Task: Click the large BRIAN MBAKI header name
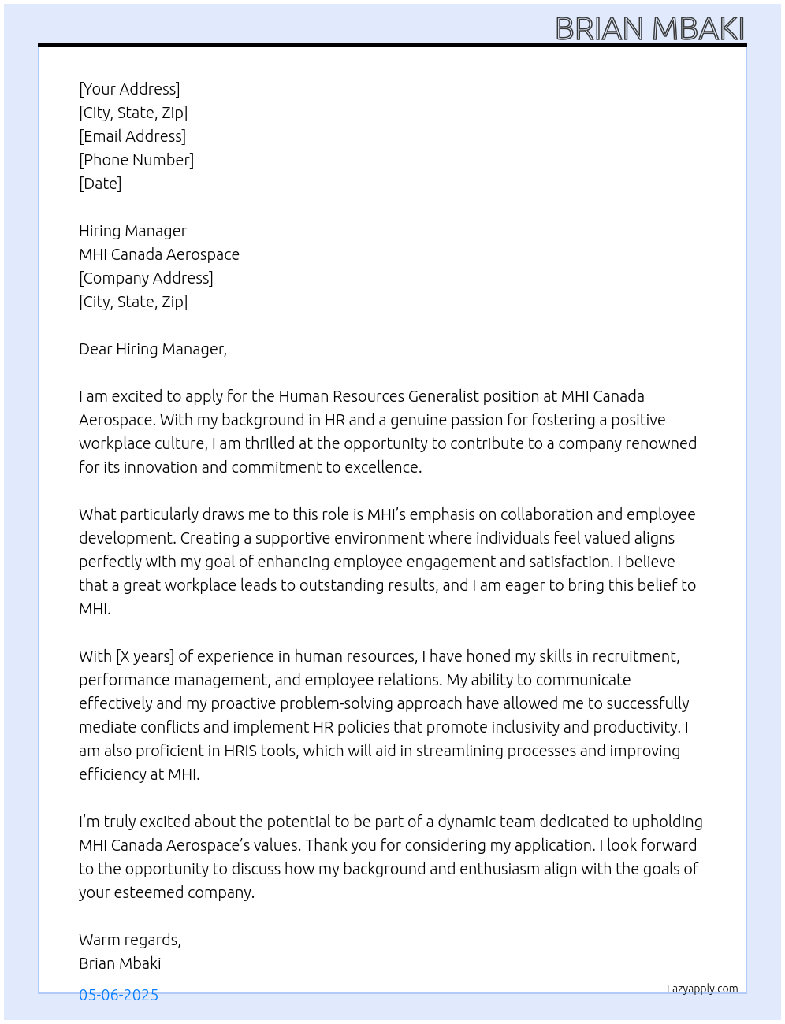click(649, 28)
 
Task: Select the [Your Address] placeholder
click(129, 89)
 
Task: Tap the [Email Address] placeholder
click(132, 136)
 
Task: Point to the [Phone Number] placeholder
click(136, 160)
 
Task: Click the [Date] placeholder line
click(100, 184)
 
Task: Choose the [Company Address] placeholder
click(146, 278)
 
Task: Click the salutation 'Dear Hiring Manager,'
click(153, 349)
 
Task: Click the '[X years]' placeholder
click(145, 656)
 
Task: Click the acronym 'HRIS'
click(240, 751)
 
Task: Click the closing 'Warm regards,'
click(130, 940)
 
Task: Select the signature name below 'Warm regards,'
click(120, 963)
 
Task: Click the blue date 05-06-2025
click(118, 995)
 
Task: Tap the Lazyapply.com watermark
click(702, 989)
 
